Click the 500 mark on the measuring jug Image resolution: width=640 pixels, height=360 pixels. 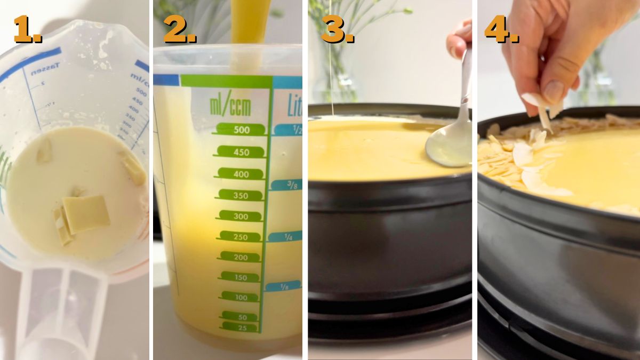241,130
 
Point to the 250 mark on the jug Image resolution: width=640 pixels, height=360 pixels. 241,237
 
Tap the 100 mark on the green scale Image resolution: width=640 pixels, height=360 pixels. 241,297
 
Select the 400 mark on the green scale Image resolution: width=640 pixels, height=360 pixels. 241,174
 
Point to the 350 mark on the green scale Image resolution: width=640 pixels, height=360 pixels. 241,195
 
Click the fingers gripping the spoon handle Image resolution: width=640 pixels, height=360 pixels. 459,40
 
